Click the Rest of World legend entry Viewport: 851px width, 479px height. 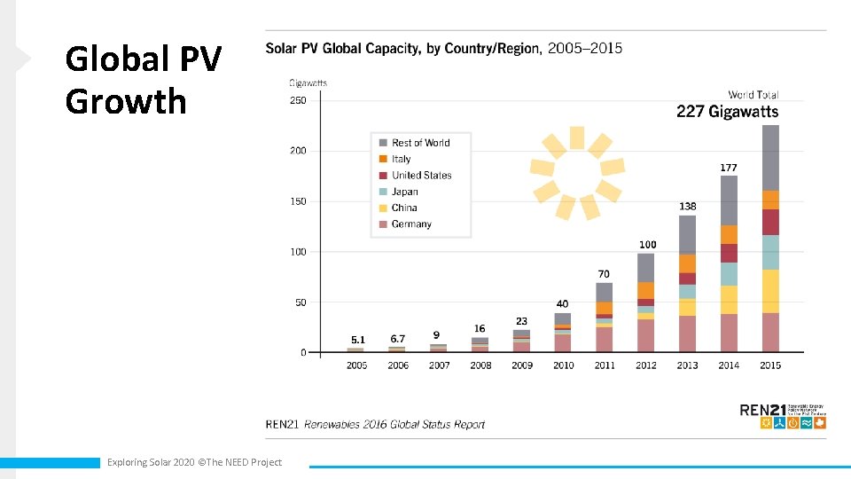419,143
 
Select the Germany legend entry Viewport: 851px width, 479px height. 410,224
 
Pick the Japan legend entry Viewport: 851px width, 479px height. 404,192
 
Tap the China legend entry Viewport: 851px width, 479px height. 403,208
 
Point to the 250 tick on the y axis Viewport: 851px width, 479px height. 298,100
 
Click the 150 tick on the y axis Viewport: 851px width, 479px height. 298,201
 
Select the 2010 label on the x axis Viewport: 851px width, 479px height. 563,365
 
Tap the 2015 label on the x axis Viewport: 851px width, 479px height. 770,365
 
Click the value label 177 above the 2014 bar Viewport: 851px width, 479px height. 729,167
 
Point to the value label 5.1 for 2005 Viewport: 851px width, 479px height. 357,339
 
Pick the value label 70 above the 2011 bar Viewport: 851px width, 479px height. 604,274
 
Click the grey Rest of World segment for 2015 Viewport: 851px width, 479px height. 770,158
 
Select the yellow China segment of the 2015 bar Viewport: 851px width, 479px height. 770,291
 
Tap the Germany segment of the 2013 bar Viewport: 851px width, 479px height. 687,334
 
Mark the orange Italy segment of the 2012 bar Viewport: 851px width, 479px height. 645,290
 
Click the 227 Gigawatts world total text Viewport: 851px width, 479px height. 727,112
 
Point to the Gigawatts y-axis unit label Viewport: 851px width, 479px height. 308,83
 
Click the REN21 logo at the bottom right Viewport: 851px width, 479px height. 783,415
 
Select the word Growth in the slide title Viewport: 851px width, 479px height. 126,101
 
